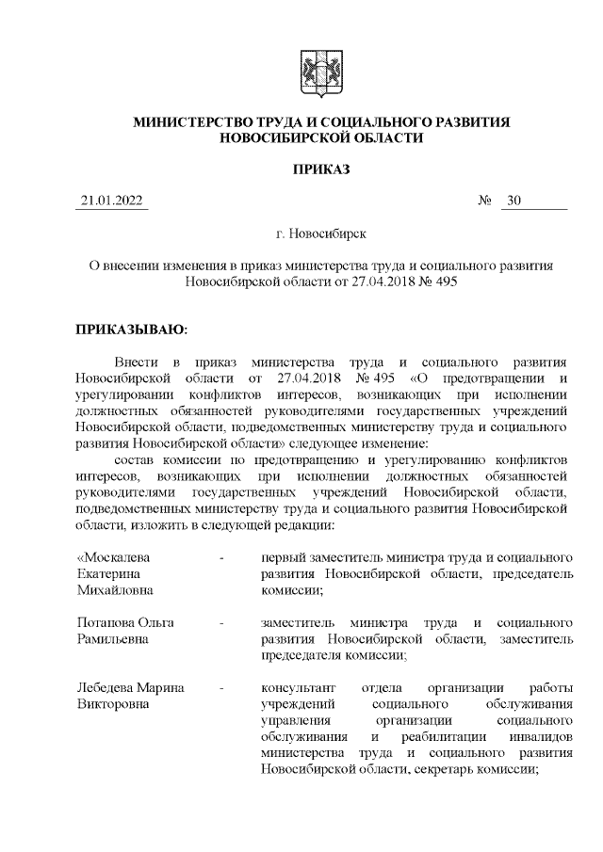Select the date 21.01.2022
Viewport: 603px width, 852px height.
(112, 201)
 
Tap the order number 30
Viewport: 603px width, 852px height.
(513, 201)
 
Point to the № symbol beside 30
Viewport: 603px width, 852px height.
(486, 201)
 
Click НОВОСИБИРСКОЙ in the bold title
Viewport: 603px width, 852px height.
(281, 138)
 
